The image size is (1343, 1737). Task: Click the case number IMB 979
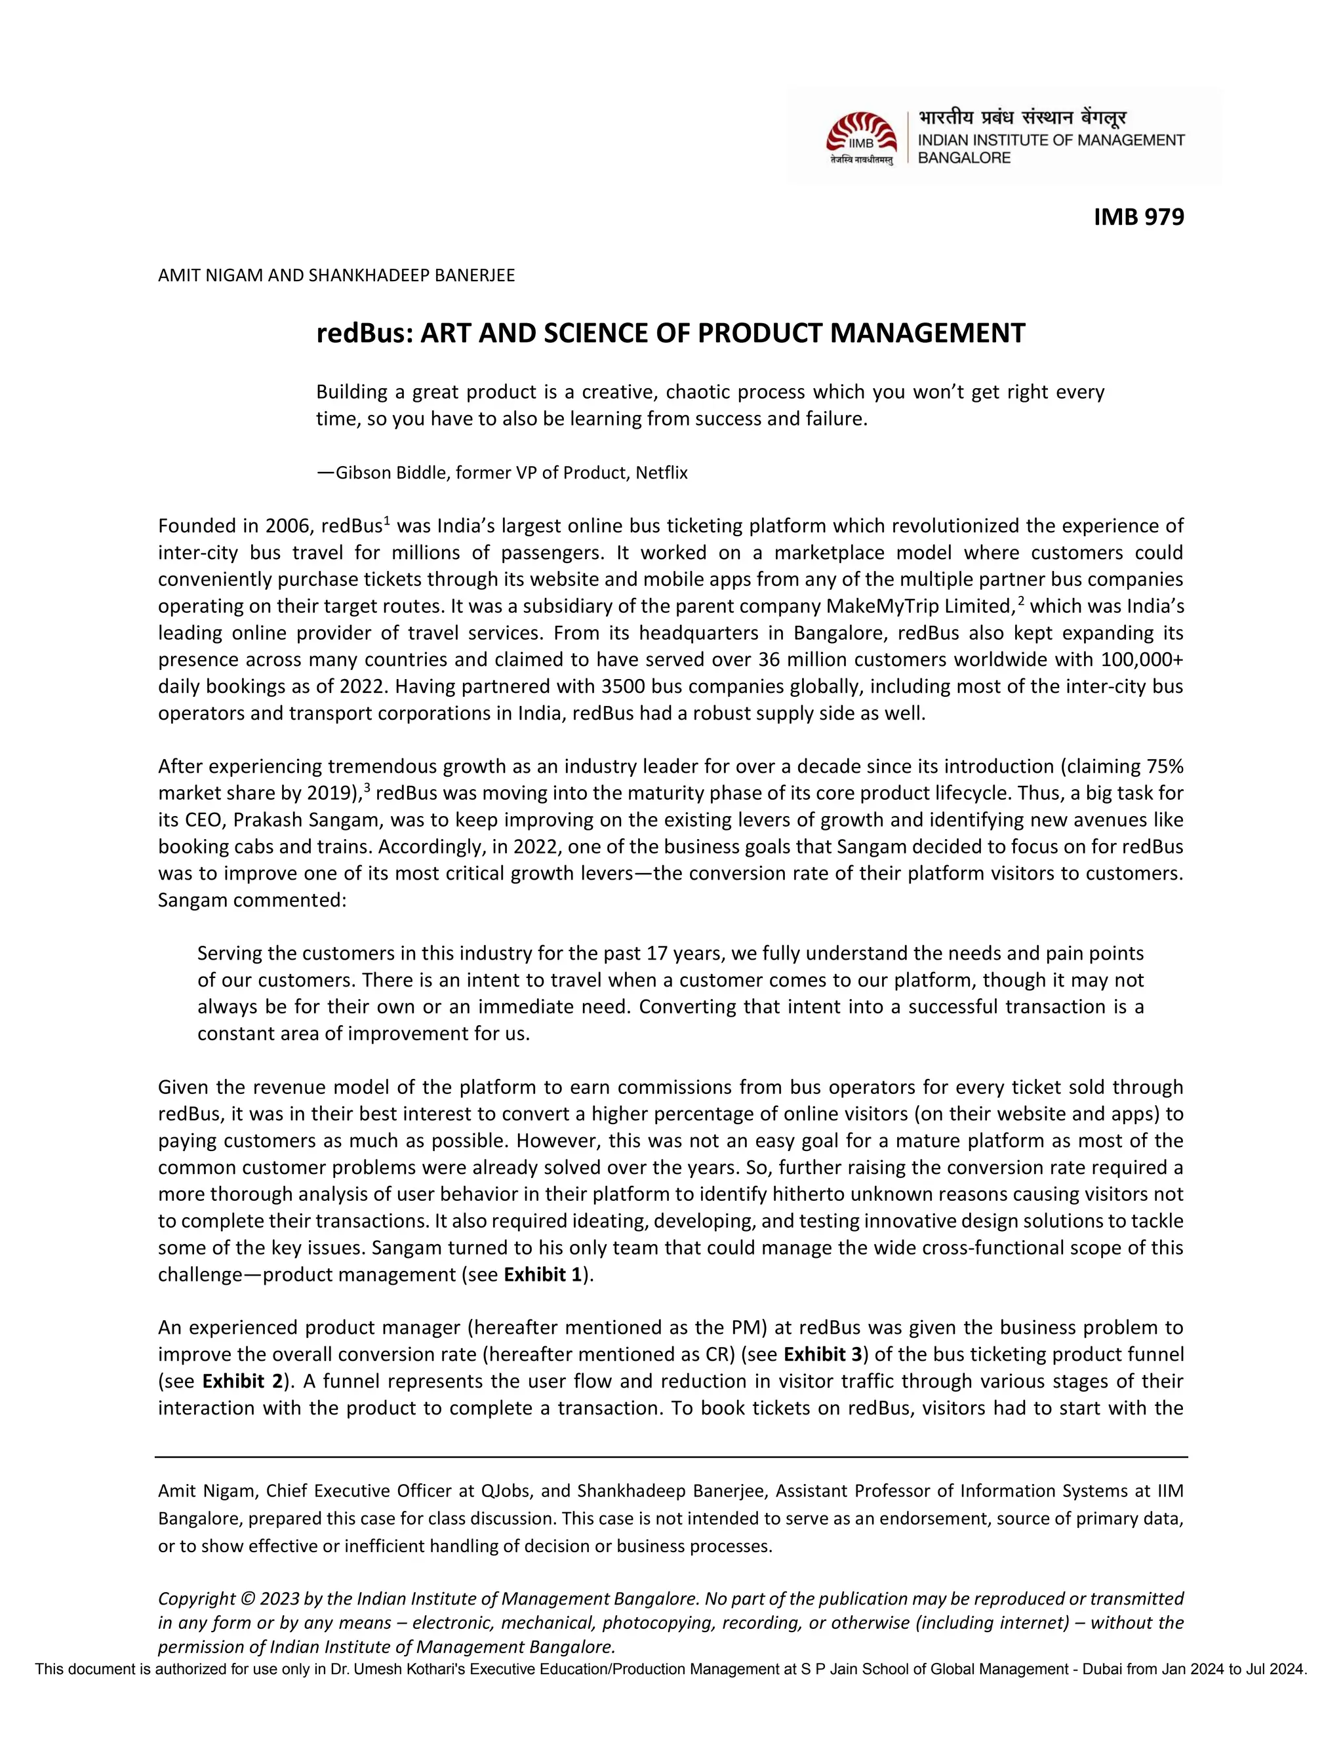click(x=1138, y=216)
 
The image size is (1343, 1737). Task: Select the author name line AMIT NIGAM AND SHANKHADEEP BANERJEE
click(x=336, y=275)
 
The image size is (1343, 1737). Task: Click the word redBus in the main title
click(x=363, y=332)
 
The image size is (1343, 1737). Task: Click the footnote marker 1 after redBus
click(x=387, y=521)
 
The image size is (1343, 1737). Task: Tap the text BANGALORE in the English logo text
click(x=963, y=157)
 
